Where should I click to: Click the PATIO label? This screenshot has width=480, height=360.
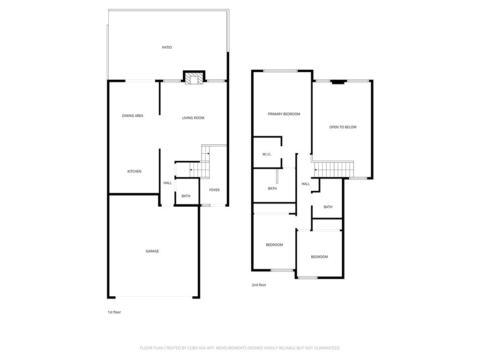(167, 47)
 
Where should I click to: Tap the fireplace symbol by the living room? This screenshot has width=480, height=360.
(194, 78)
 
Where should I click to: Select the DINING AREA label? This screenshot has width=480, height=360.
(133, 116)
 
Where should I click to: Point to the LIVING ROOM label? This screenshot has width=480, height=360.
(193, 118)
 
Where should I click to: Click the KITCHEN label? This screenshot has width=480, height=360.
(135, 172)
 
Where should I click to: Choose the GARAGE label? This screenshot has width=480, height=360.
(152, 251)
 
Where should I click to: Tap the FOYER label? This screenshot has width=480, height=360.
(214, 190)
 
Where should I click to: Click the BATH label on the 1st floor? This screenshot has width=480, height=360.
(186, 196)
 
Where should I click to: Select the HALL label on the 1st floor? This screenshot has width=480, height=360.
(167, 183)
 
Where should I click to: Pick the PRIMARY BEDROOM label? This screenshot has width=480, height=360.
(284, 114)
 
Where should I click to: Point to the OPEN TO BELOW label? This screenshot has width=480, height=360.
(343, 127)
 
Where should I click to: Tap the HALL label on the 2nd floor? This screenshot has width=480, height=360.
(306, 184)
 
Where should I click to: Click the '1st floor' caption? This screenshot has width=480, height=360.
(114, 312)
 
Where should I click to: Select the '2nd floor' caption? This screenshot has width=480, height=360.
(259, 285)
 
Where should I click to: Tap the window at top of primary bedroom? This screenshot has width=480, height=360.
(280, 71)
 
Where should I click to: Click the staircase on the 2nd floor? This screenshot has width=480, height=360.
(334, 169)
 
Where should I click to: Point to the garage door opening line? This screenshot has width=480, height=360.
(154, 297)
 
